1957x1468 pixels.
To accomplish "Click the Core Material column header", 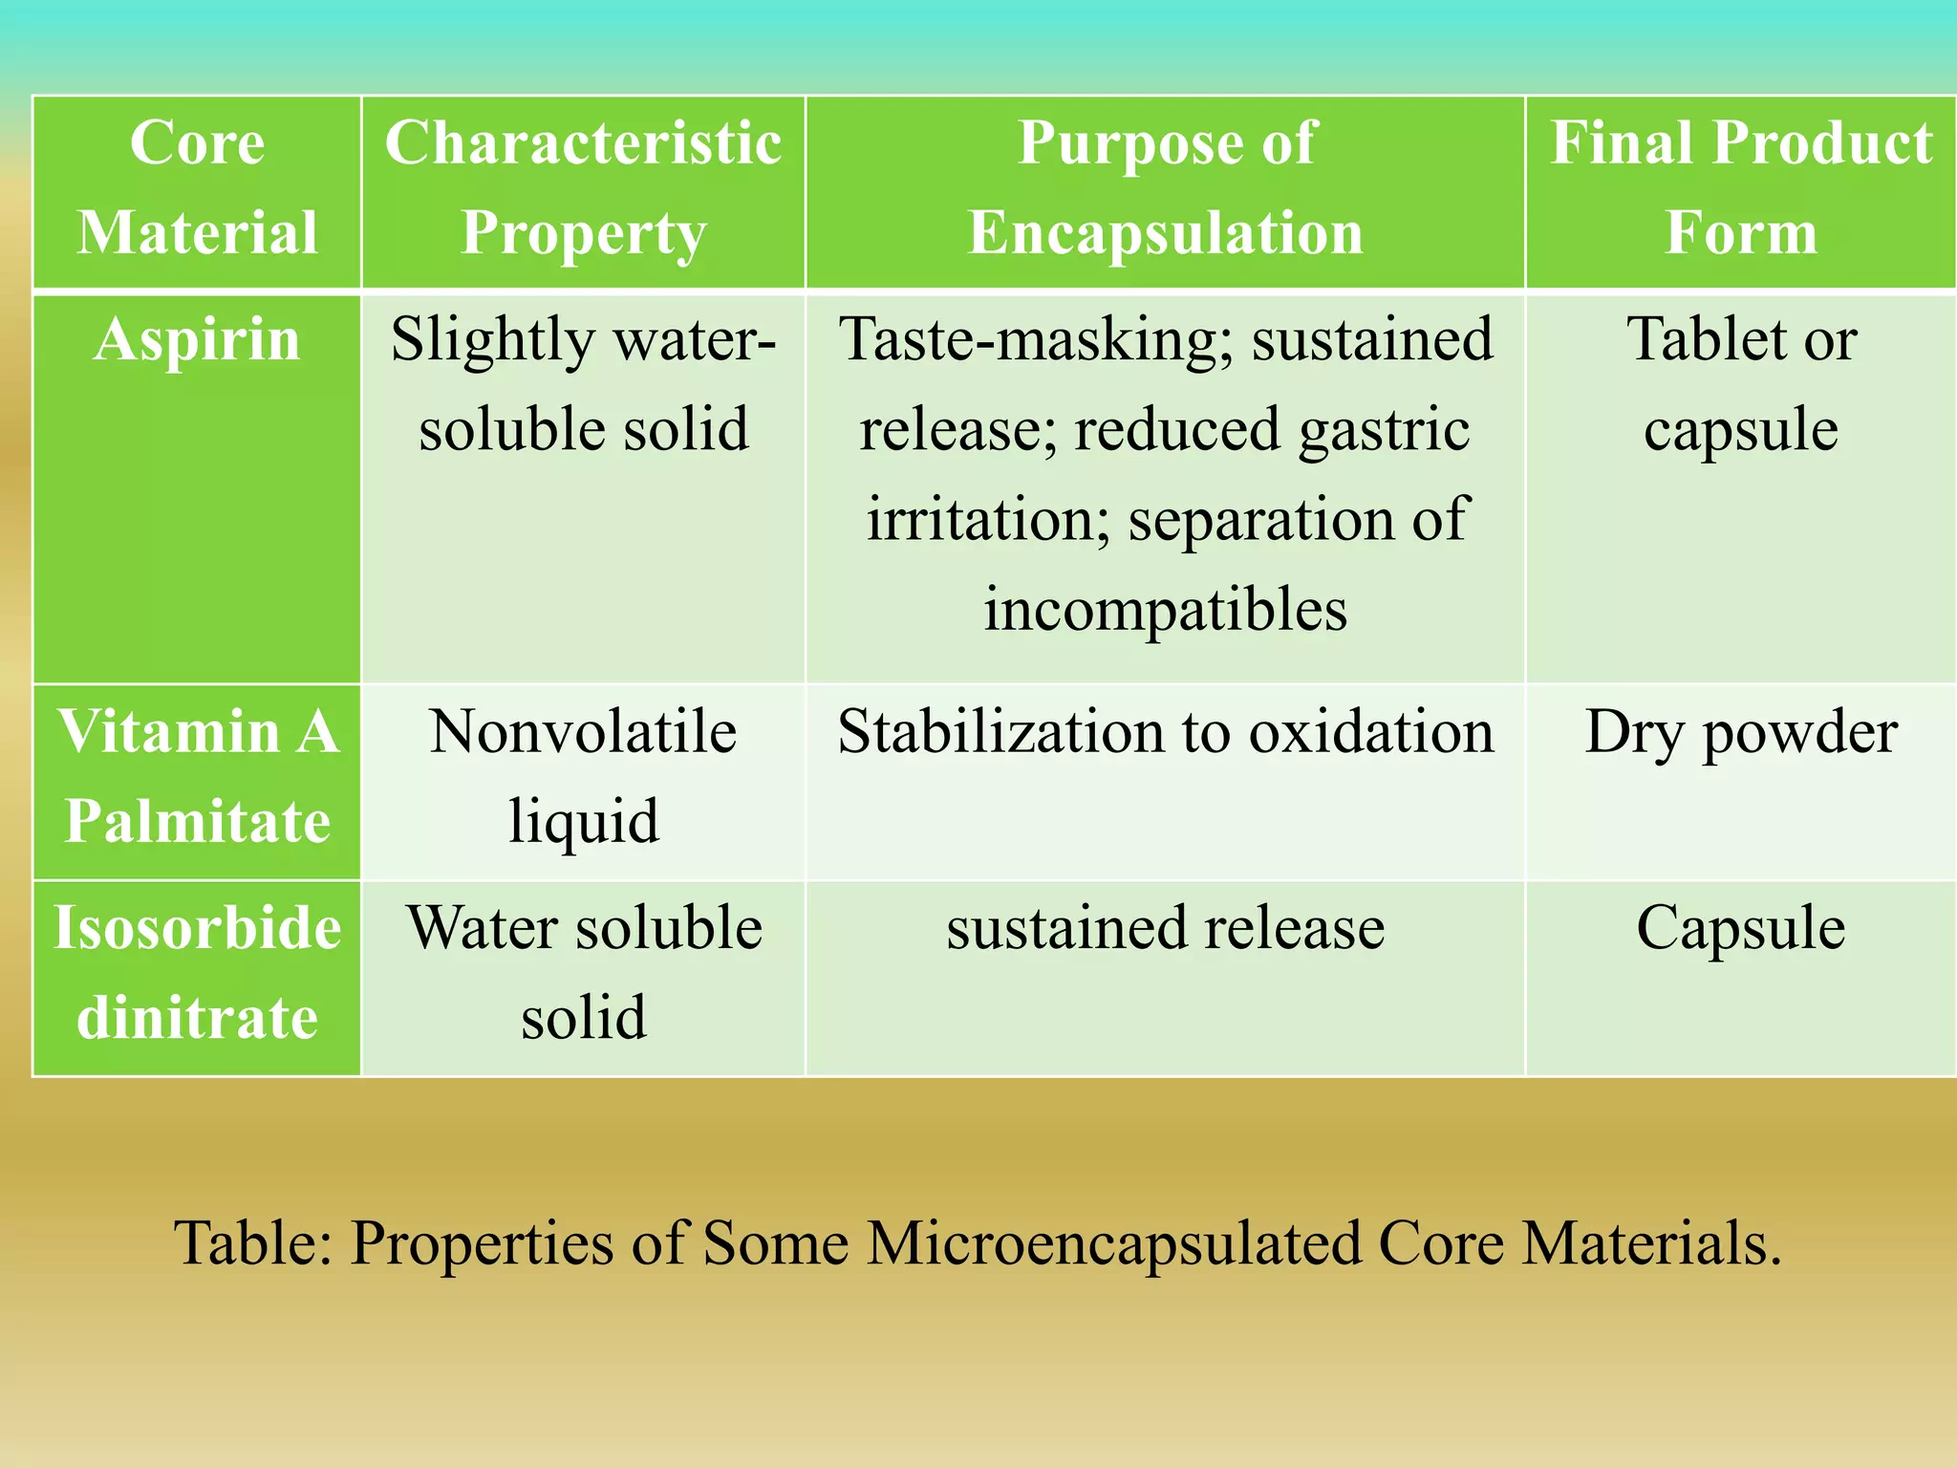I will [197, 188].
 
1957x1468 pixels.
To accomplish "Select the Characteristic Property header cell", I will [583, 188].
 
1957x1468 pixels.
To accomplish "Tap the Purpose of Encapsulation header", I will [1165, 188].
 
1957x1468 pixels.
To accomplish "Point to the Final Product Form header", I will [1740, 188].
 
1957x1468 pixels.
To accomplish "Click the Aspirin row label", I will [197, 339].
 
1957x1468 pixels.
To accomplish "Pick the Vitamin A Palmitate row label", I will [197, 776].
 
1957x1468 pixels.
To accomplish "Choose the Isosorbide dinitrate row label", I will [197, 972].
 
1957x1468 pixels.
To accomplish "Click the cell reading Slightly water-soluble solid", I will [583, 384].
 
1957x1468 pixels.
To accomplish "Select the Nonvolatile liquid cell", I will [583, 776].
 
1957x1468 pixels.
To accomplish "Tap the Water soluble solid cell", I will [583, 972].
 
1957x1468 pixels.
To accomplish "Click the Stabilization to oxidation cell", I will [1165, 733].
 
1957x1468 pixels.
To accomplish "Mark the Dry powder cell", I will [1740, 733].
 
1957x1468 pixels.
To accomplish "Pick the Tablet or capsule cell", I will [1740, 384].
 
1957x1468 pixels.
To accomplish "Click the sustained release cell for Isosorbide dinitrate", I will [1165, 928].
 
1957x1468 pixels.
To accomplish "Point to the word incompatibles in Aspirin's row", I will [1165, 609].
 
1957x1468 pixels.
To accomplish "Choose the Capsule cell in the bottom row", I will [1740, 928].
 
